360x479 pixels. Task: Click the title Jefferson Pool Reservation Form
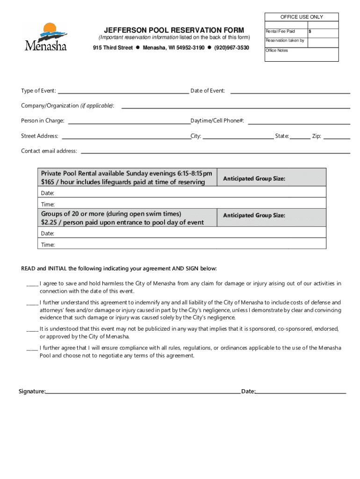pos(174,30)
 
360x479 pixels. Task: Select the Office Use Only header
pos(302,17)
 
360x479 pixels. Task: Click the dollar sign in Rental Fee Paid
pos(310,31)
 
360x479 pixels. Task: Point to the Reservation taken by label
pos(285,41)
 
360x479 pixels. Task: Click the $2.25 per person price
pos(50,222)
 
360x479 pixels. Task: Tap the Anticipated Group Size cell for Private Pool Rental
pos(272,179)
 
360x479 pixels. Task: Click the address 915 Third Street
pos(113,48)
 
